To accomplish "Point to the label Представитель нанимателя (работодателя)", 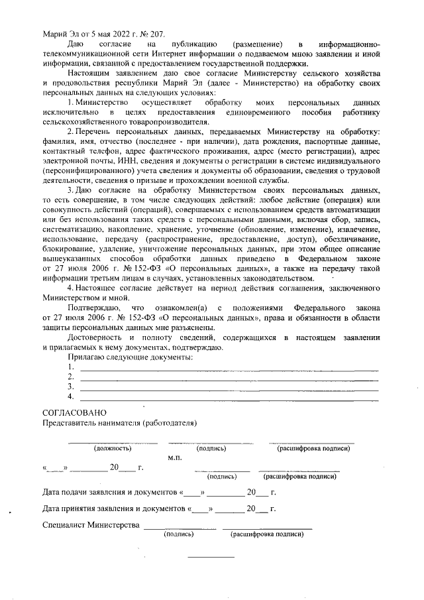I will pyautogui.click(x=119, y=423).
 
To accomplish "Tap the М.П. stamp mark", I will pyautogui.click(x=176, y=458).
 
